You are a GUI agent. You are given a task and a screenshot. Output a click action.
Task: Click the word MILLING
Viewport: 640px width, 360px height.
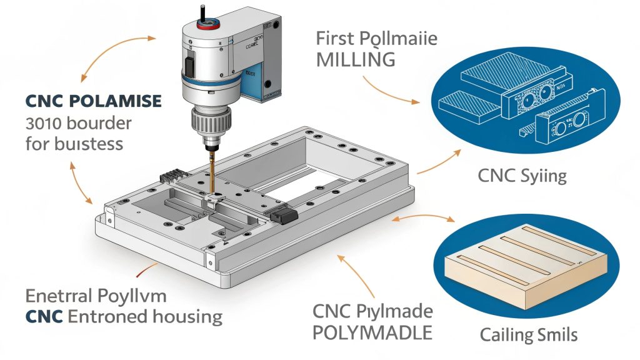[x=356, y=60]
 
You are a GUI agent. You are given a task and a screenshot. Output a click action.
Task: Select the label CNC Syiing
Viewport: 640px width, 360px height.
[x=522, y=175]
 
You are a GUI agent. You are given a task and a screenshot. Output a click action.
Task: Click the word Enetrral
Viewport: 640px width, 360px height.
[x=57, y=296]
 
